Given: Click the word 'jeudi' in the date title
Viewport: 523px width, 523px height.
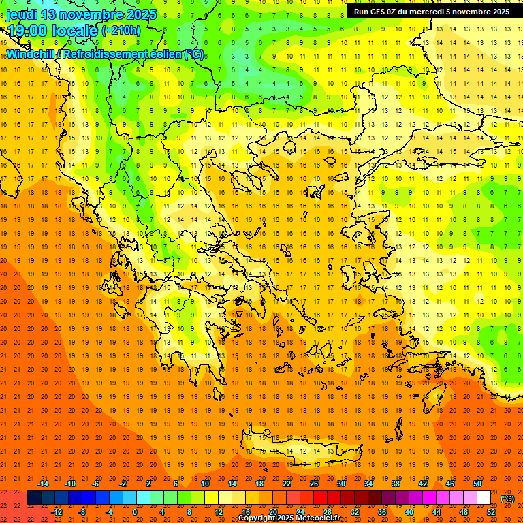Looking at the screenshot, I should click(22, 14).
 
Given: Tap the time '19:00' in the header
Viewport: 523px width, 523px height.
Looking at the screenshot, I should click(28, 30).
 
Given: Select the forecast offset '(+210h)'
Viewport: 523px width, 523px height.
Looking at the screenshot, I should click(121, 30).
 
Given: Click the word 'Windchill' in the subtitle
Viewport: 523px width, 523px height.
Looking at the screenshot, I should click(33, 54).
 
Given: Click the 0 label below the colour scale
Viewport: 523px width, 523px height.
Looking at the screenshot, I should click(134, 511).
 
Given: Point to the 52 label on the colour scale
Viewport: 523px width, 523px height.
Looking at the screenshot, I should click(491, 511).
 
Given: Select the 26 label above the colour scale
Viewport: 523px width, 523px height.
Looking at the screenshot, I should click(314, 484).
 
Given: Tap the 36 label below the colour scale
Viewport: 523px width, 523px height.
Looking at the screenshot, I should click(382, 511).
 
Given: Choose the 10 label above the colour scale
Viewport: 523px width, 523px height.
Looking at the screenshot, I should click(205, 484).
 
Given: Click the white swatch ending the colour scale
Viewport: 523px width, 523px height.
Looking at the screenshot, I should click(484, 498).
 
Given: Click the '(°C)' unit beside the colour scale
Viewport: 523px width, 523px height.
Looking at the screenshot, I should click(507, 498).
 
